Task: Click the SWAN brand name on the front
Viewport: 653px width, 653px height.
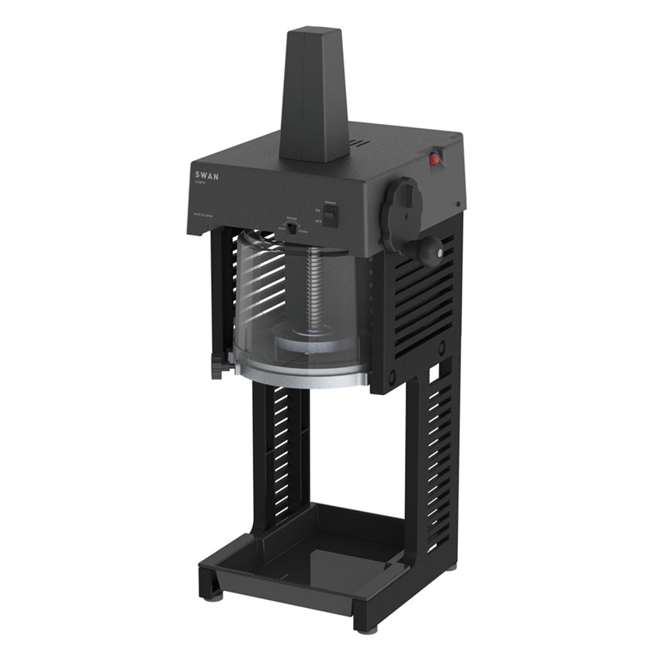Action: (x=207, y=175)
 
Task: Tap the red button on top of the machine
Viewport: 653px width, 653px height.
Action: (x=435, y=158)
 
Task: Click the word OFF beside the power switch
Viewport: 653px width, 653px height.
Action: (x=319, y=220)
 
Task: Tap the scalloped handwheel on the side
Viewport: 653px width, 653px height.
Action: (x=401, y=213)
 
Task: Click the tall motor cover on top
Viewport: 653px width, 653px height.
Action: (x=314, y=94)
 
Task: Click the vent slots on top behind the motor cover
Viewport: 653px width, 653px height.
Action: (x=358, y=146)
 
